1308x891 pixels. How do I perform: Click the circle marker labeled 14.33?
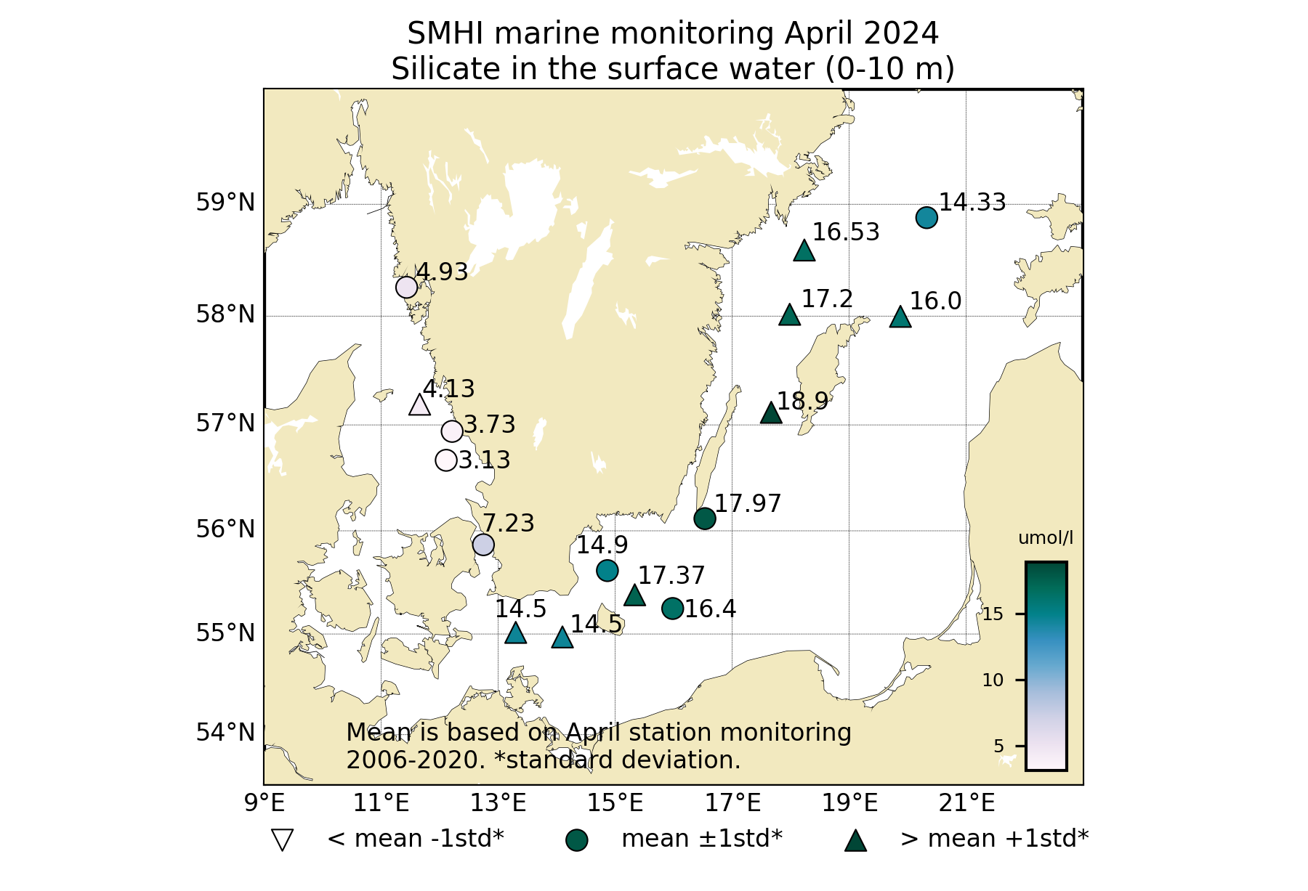coord(926,217)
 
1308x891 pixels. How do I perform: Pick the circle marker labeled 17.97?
coord(705,518)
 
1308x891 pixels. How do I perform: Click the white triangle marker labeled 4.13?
coord(419,405)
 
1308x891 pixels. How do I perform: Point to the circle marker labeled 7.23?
coord(483,545)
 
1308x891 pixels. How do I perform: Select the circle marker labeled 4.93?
coord(406,287)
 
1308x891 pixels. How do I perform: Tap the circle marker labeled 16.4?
coord(672,609)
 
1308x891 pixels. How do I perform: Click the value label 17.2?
coord(827,298)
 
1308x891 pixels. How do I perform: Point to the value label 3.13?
coord(484,460)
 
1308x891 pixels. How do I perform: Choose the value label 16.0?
coord(935,301)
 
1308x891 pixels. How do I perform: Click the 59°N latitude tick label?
coord(225,203)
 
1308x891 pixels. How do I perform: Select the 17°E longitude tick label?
coord(743,803)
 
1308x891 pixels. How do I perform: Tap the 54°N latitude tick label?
coord(225,733)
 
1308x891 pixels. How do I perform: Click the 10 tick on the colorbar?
coord(993,680)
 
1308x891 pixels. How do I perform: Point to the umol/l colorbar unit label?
coord(1046,538)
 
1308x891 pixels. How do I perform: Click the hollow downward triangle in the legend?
coord(281,840)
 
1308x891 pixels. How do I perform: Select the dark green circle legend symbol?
coord(576,840)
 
